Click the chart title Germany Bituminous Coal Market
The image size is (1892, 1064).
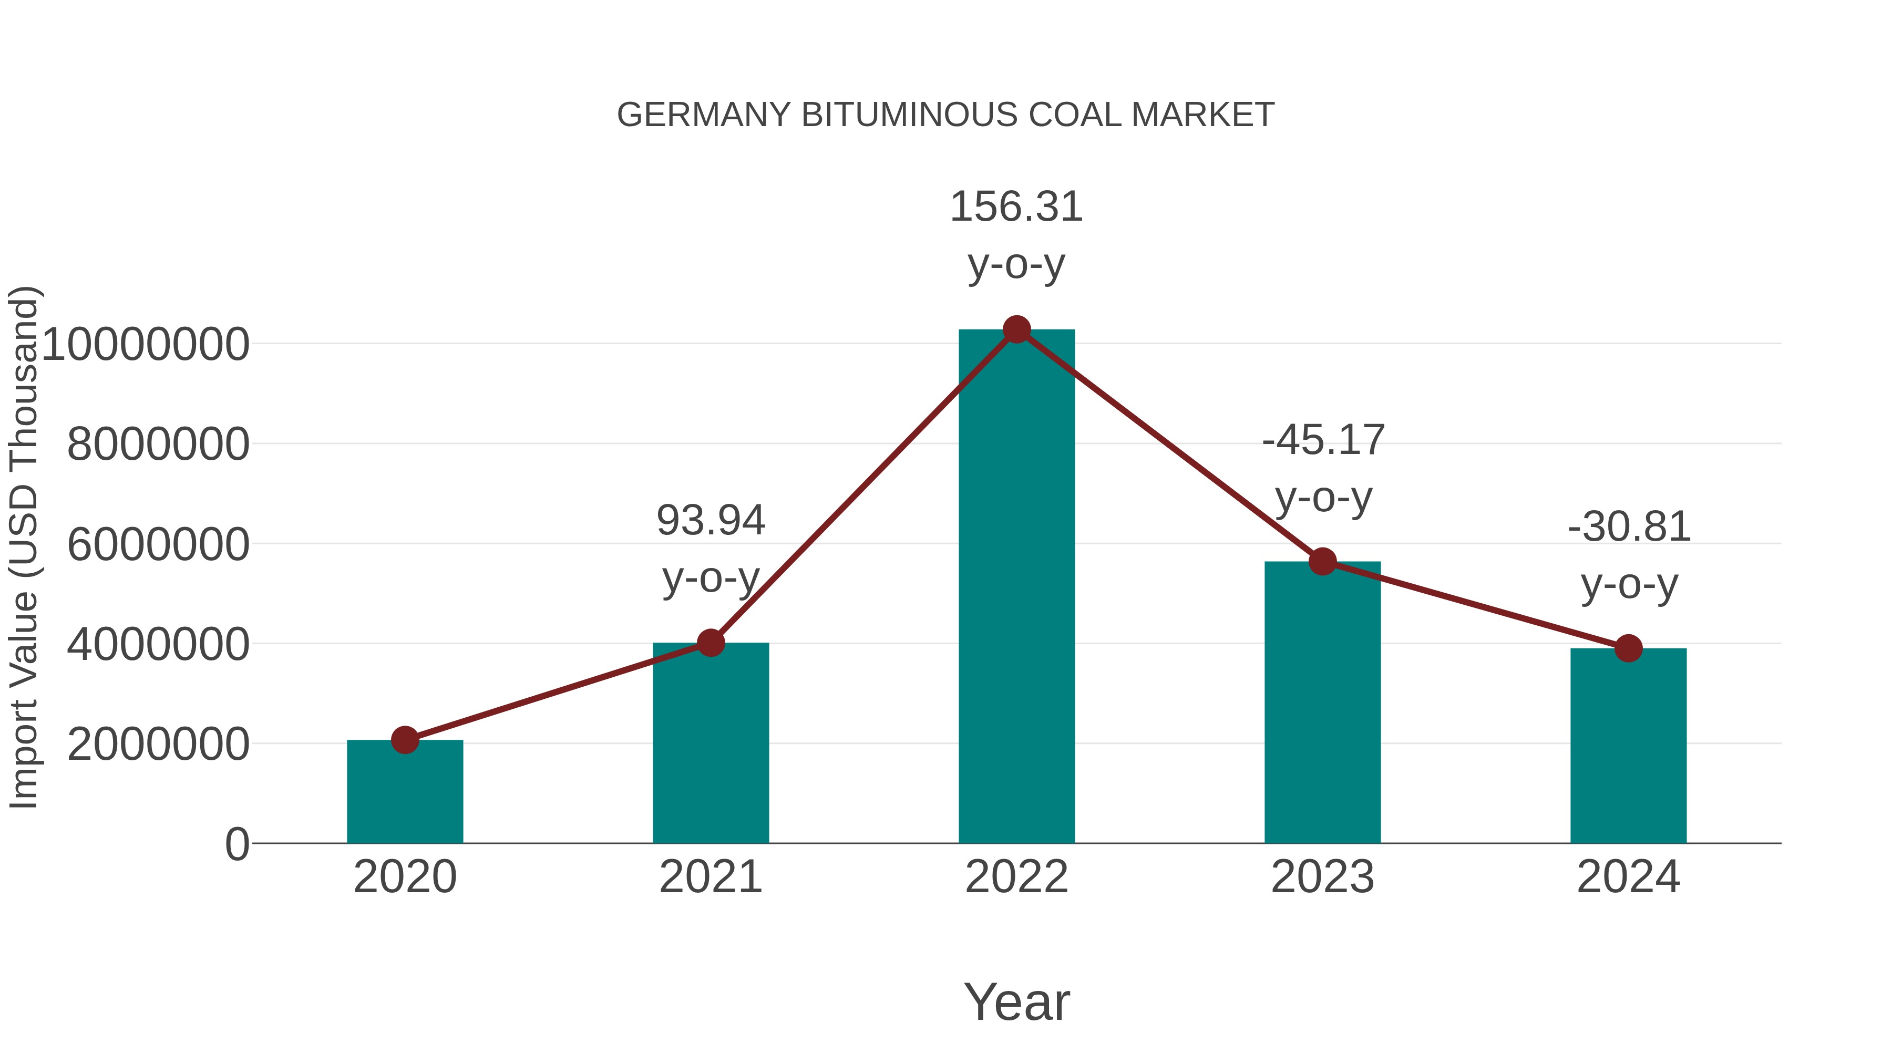[x=945, y=115]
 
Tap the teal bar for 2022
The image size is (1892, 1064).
[x=1016, y=587]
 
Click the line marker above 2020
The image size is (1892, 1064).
[x=405, y=740]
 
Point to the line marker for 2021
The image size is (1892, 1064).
[x=711, y=643]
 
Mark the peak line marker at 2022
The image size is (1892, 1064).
[x=1016, y=329]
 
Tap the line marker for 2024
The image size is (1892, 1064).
[x=1628, y=648]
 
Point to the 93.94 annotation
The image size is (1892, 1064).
[x=711, y=549]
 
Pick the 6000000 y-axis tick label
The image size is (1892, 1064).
[x=158, y=545]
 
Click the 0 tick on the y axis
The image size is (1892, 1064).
[x=237, y=844]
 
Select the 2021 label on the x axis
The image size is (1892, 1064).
[x=711, y=877]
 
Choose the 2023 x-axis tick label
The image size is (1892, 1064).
[x=1322, y=877]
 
